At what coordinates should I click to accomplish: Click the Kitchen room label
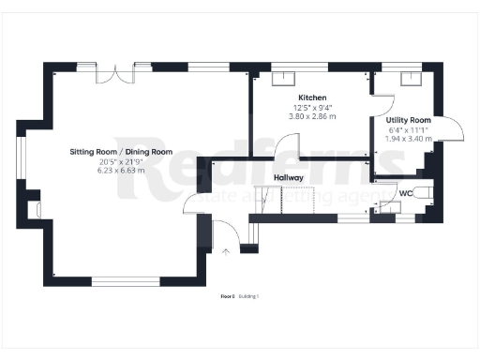[x=312, y=98]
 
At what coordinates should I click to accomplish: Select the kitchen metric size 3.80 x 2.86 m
[x=312, y=117]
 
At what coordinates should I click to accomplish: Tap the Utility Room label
[x=408, y=121]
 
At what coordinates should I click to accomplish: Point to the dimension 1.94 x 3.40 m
[x=409, y=139]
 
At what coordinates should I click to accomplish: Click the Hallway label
[x=288, y=176]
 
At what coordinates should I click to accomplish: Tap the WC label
[x=406, y=194]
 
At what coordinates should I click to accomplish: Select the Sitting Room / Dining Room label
[x=121, y=152]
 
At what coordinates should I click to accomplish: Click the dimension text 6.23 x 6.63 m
[x=121, y=171]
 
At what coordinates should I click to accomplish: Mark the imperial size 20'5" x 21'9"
[x=121, y=161]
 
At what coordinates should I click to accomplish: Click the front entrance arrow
[x=225, y=250]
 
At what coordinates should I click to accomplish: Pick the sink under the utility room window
[x=411, y=80]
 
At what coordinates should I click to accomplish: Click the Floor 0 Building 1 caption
[x=239, y=296]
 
